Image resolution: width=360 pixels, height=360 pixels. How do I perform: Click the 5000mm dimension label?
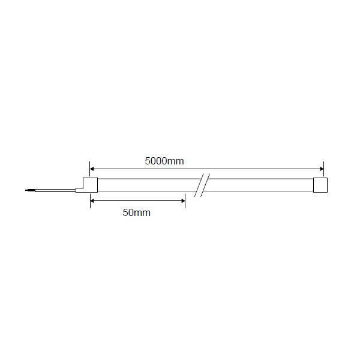point(164,161)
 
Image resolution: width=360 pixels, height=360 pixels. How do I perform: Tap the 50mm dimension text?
point(137,212)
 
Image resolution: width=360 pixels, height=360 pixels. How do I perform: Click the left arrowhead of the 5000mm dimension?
point(92,169)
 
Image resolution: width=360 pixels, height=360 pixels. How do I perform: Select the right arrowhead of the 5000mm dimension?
point(322,169)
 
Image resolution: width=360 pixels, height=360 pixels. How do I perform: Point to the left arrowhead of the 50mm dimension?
point(92,201)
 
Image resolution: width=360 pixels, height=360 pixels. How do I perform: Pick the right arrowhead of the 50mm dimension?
point(183,201)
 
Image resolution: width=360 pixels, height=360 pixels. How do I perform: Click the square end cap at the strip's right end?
point(320,185)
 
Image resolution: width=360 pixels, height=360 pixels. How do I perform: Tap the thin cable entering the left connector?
point(55,190)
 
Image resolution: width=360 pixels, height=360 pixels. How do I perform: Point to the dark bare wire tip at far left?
point(30,190)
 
